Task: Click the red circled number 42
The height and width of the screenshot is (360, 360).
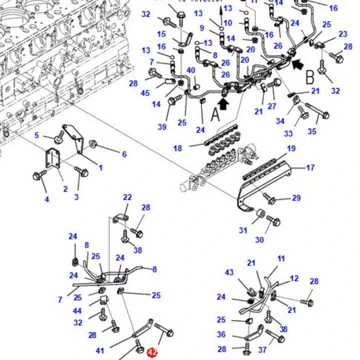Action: (x=152, y=353)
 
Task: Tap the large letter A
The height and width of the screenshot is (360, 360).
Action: (x=215, y=114)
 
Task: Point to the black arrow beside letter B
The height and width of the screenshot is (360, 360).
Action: (x=297, y=64)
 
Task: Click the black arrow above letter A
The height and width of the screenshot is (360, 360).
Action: (x=223, y=103)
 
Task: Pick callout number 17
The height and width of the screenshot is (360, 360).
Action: (x=310, y=168)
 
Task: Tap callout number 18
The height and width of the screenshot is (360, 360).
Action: (x=178, y=148)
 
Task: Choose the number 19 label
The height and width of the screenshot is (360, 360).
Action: (x=291, y=149)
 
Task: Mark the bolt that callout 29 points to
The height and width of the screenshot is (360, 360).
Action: (x=270, y=199)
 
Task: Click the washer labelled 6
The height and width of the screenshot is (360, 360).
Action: (x=93, y=145)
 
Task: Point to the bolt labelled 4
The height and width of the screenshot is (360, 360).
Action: (x=38, y=175)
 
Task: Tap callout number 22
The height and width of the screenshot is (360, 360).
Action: (x=127, y=198)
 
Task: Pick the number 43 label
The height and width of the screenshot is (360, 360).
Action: (x=229, y=272)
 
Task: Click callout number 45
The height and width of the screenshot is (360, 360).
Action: (x=145, y=93)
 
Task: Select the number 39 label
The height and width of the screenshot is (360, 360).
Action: (x=162, y=127)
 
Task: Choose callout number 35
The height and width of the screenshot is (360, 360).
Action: (x=312, y=131)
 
